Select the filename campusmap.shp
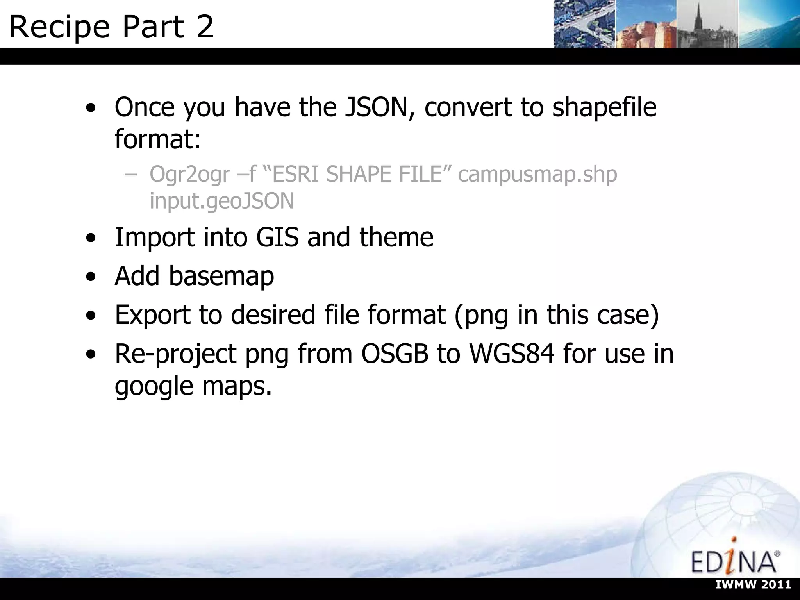coord(537,174)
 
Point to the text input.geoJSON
coord(221,201)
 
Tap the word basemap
coord(221,276)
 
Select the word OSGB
coord(395,354)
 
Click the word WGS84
coord(511,354)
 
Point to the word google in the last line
coord(154,386)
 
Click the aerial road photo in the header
coord(584,24)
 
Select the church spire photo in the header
coord(707,24)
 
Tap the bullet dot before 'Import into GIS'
coord(91,239)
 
